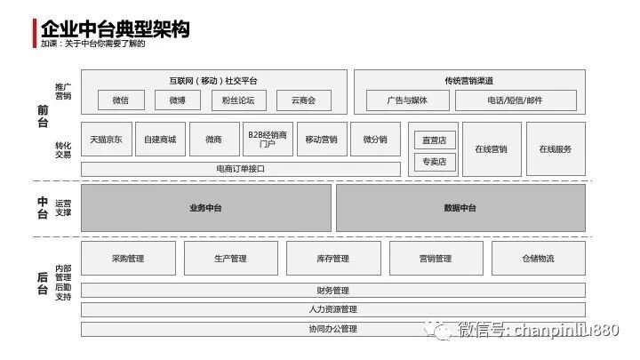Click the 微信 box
pos(121,100)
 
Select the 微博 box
pos(178,100)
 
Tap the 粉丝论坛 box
pos(238,100)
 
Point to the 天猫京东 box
pos(107,140)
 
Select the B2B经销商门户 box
pos(268,140)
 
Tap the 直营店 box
pos(434,140)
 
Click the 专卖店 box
pos(434,162)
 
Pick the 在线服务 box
pos(556,148)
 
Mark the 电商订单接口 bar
pos(240,168)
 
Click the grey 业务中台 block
pos(206,208)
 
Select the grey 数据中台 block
pos(460,208)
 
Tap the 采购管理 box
pos(128,259)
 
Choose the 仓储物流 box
pos(538,259)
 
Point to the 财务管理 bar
pos(332,291)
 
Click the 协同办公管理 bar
pos(332,329)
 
